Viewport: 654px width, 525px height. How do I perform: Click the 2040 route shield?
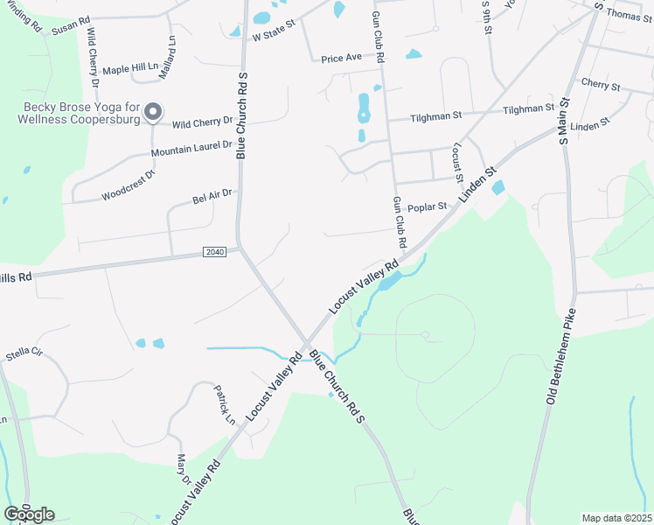214,252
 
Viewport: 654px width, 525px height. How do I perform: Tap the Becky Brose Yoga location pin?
153,111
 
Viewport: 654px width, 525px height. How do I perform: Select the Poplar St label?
427,207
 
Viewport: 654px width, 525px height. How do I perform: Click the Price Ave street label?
341,58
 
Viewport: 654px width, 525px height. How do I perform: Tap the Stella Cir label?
24,355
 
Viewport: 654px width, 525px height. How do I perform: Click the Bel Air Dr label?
212,196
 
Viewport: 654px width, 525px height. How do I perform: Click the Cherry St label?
600,86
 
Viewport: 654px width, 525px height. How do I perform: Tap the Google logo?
29,514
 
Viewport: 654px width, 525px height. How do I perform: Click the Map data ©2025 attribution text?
616,518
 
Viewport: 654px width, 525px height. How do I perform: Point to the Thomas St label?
628,13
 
